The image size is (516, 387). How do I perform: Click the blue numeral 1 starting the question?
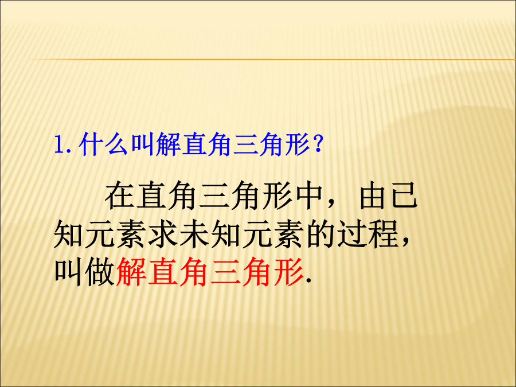point(60,145)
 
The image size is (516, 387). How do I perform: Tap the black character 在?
point(119,196)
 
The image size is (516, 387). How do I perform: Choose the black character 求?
point(163,234)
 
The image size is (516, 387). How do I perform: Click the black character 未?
point(194,234)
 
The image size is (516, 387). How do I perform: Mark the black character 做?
point(100,272)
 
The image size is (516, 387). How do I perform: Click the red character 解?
point(131,272)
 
